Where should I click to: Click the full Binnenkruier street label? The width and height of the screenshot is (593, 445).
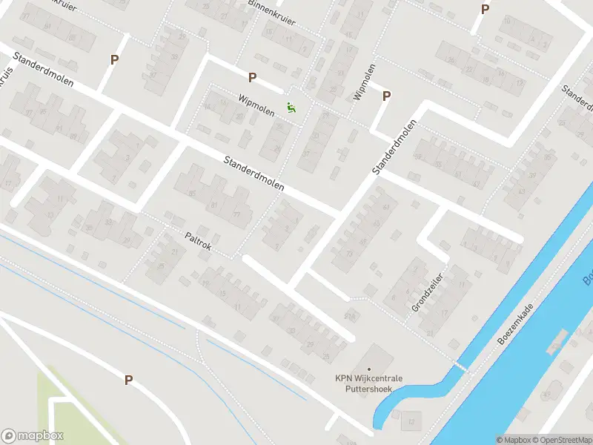point(273,13)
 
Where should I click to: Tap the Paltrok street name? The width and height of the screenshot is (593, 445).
point(198,242)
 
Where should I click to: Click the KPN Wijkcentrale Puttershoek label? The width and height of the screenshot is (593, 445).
point(368,383)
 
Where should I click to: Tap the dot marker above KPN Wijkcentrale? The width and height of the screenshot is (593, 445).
point(368,369)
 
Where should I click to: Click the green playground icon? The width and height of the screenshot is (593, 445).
point(292,108)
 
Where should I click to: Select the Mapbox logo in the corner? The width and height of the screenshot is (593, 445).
point(33,436)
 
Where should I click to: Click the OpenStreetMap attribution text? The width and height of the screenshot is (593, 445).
point(560,440)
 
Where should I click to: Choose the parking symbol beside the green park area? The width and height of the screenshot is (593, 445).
point(128,380)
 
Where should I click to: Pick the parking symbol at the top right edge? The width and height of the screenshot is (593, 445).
point(486,9)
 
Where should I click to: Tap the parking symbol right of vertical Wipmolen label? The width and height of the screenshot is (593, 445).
point(386,96)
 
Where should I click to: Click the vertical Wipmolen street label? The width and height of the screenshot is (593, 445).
point(365,82)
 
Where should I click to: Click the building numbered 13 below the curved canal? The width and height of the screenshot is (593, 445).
point(411,421)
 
